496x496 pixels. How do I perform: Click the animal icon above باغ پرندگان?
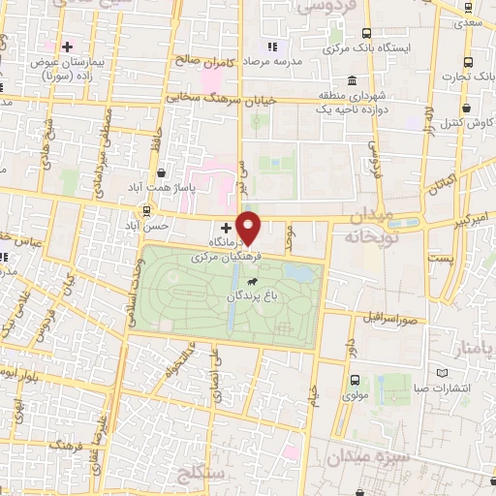click(252, 280)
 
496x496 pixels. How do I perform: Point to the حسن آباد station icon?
click(147, 210)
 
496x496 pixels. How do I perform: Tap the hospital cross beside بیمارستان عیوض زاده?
click(67, 46)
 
